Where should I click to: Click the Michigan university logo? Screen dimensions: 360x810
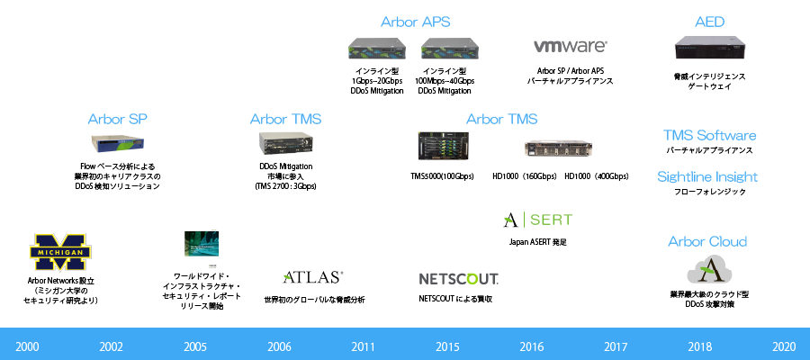62,252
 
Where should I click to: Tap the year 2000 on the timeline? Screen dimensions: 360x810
27,346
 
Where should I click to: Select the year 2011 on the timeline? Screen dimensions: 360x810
364,346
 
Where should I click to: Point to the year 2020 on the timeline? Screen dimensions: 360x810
784,346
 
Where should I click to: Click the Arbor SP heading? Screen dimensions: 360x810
117,119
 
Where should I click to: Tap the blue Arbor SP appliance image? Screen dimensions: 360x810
117,144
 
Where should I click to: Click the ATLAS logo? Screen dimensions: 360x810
312,277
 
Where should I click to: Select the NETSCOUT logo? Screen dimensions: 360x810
454,278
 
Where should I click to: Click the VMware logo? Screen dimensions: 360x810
570,46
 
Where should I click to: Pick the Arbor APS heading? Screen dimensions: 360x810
415,22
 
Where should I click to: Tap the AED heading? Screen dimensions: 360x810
709,22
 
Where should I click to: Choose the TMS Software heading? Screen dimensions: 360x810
709,135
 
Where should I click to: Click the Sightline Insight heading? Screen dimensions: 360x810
706,176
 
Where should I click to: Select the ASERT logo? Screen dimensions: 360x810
536,220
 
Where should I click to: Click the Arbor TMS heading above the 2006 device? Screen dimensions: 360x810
285,119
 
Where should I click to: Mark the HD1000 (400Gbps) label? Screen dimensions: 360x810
596,176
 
